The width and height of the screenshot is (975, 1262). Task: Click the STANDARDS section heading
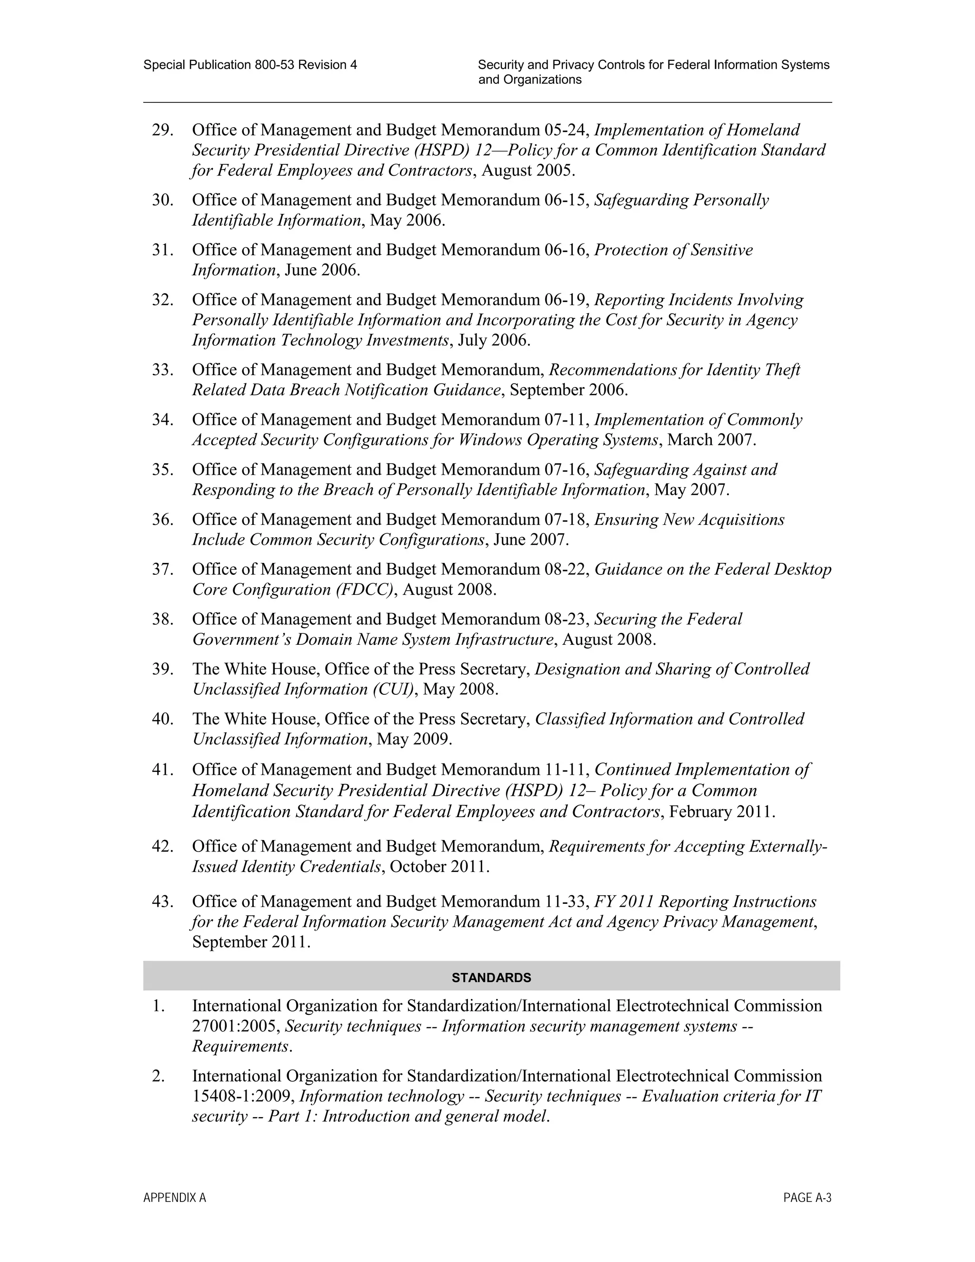point(491,978)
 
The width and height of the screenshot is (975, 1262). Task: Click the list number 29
point(163,130)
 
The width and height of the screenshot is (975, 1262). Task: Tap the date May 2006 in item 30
point(407,220)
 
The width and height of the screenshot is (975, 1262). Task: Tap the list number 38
point(163,620)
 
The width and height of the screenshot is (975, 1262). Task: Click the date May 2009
point(414,739)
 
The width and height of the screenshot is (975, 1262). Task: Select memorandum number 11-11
point(566,770)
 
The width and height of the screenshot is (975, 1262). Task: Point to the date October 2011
point(439,867)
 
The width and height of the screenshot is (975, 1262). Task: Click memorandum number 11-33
point(566,901)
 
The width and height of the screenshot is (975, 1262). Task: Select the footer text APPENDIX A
point(174,1198)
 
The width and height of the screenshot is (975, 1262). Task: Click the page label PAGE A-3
point(807,1198)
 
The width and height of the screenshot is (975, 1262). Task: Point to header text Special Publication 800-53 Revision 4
point(250,65)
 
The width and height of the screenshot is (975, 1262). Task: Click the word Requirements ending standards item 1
point(240,1046)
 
